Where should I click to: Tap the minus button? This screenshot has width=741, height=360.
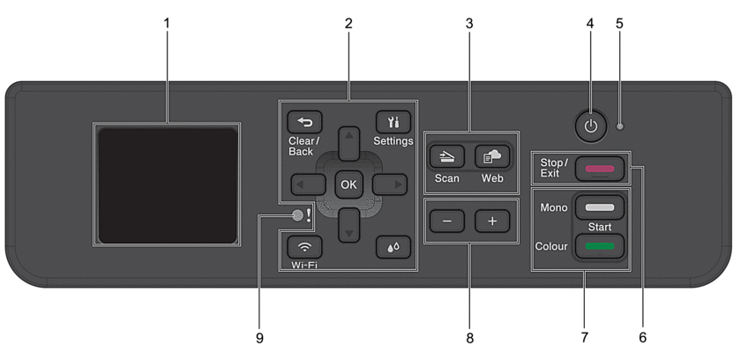click(x=447, y=221)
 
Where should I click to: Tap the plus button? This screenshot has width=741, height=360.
click(x=492, y=221)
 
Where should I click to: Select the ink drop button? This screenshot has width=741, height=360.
click(x=393, y=247)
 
